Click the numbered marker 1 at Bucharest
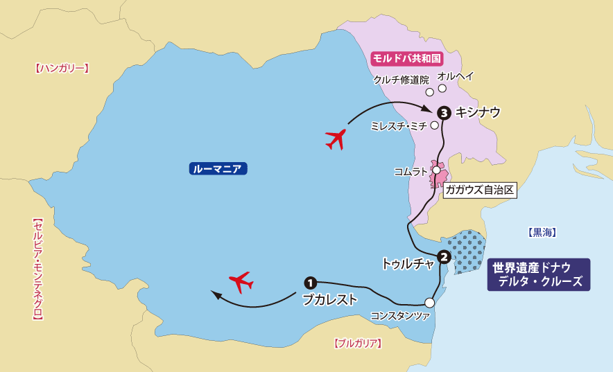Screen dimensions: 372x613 [x=310, y=283]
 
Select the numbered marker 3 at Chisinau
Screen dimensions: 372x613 [x=444, y=112]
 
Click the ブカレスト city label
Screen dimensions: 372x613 [x=329, y=300]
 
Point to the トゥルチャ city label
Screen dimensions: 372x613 [x=408, y=263]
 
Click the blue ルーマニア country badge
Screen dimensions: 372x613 [x=218, y=168]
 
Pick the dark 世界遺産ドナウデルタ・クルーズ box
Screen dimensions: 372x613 [x=538, y=274]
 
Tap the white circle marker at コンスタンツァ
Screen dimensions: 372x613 [x=429, y=302]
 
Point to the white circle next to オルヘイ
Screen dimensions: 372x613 [x=442, y=88]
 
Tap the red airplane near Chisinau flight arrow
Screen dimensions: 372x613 [x=336, y=139]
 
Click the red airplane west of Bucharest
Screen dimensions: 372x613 [x=241, y=281]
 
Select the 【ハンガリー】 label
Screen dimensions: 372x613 [x=62, y=69]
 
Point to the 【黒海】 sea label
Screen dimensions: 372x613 [x=542, y=233]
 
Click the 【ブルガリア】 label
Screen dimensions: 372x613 [x=358, y=343]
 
